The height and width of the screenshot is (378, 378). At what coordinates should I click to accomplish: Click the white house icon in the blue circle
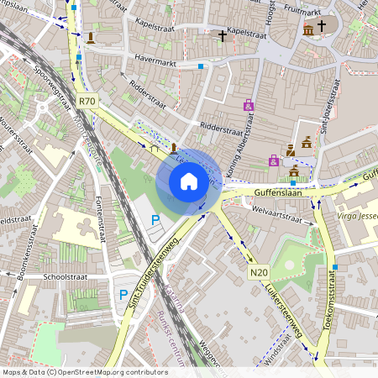coord(189,181)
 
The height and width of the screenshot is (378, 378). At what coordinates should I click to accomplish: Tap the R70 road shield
coord(87,101)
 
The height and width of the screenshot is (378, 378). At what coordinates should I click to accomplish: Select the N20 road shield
coord(258,273)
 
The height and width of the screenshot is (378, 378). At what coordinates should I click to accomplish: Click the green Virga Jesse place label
coord(358,214)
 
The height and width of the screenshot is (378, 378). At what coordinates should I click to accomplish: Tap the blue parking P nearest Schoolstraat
coord(123,295)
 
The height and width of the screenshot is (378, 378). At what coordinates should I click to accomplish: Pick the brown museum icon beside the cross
coord(308,31)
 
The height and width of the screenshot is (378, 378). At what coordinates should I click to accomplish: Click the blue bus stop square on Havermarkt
coord(201,66)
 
